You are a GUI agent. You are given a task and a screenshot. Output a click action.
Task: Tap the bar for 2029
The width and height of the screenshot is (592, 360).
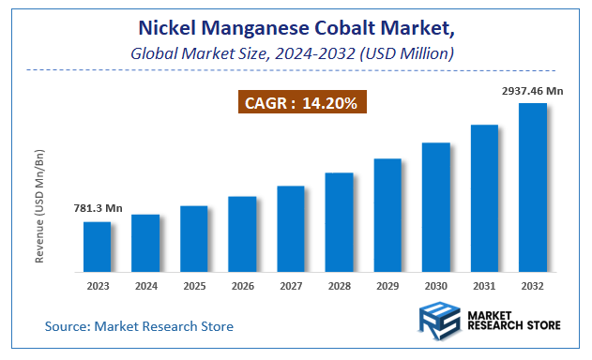click(387, 216)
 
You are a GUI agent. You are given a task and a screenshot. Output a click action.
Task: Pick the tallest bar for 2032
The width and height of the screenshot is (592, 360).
click(533, 187)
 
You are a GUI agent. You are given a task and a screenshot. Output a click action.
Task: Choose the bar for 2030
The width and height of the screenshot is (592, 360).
click(436, 207)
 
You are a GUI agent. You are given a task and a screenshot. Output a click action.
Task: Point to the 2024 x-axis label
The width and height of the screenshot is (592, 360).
click(145, 286)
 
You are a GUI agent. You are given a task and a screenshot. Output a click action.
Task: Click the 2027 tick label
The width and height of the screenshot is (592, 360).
click(291, 286)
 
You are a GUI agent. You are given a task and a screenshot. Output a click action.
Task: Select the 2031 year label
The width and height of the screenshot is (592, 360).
click(484, 286)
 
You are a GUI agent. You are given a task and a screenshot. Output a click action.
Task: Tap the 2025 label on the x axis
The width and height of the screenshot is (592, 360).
click(193, 286)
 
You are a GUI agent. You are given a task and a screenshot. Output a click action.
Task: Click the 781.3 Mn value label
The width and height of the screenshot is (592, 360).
click(99, 208)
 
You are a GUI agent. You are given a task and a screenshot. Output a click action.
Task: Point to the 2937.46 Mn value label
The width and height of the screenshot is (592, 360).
click(532, 91)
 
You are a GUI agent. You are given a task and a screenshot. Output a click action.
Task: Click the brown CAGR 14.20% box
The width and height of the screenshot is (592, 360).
click(300, 102)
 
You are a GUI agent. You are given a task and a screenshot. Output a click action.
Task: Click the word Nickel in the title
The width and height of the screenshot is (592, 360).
click(166, 28)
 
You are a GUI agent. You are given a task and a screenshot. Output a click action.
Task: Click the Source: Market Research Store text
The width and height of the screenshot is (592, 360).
click(139, 326)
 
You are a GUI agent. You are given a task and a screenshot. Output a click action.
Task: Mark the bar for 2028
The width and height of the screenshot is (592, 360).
click(339, 222)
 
